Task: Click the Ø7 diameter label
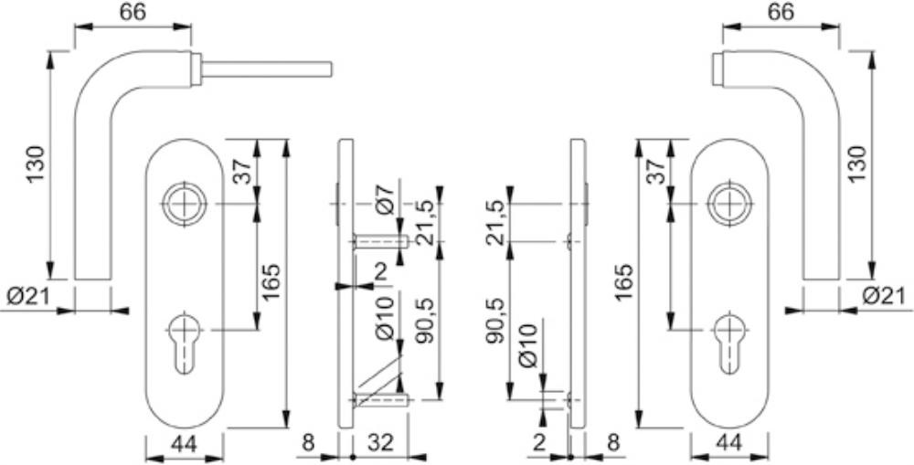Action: pyautogui.click(x=386, y=199)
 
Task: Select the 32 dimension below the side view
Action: pyautogui.click(x=379, y=443)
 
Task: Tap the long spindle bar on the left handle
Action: pyautogui.click(x=267, y=69)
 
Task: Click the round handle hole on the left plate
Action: pyautogui.click(x=185, y=204)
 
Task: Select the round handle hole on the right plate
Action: pyautogui.click(x=728, y=204)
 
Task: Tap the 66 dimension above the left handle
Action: pyautogui.click(x=133, y=13)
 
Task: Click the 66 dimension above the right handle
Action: pyautogui.click(x=781, y=13)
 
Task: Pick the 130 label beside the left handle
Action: pyautogui.click(x=37, y=165)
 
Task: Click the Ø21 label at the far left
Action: pyautogui.click(x=27, y=297)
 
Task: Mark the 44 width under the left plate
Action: pyautogui.click(x=184, y=443)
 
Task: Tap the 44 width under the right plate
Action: pyautogui.click(x=728, y=443)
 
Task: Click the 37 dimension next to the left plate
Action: pyautogui.click(x=243, y=172)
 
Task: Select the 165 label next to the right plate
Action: pyautogui.click(x=624, y=282)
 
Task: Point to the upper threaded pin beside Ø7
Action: pyautogui.click(x=380, y=240)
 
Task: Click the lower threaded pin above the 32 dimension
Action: pyautogui.click(x=380, y=400)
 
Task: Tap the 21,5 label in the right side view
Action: pyautogui.click(x=496, y=216)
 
